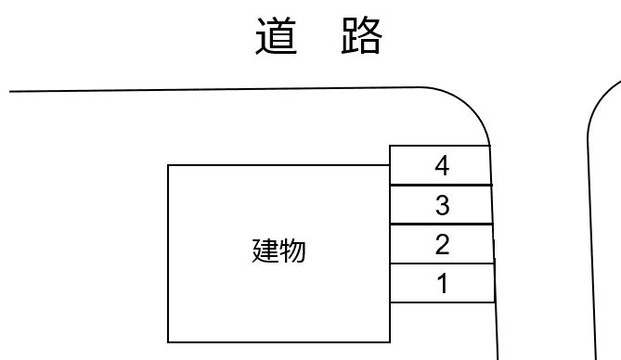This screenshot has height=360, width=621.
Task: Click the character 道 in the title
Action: pos(278,37)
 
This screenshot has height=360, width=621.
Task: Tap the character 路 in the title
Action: pos(360,37)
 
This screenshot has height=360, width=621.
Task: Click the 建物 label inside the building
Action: pos(278,251)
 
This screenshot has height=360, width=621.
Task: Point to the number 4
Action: pos(442,166)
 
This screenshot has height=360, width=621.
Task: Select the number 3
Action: pos(442,205)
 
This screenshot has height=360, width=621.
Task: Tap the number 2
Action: pos(442,245)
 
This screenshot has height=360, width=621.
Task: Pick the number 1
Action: pos(442,284)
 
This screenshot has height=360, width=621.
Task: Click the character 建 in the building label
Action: pos(265,251)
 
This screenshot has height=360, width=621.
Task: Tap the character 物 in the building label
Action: pos(291,251)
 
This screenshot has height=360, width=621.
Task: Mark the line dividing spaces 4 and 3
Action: pos(440,186)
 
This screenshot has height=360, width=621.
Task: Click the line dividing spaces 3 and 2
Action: pos(440,225)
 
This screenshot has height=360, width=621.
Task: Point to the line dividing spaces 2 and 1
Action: pos(440,264)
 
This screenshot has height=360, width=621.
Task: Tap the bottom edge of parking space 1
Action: pos(440,302)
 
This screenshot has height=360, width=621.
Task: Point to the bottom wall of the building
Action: pos(278,342)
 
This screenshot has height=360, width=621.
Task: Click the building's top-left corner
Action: pos(168,165)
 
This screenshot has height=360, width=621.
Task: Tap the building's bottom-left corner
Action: pos(168,342)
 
